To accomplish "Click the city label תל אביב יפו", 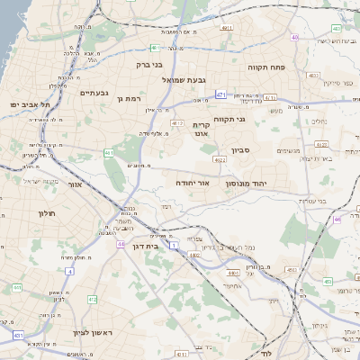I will click(x=26, y=105).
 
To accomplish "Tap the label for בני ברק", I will click(x=148, y=65).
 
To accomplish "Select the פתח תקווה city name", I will click(x=269, y=67).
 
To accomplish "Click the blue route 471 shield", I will click(x=221, y=93).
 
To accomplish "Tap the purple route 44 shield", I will click(x=121, y=243).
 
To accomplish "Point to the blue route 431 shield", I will click(x=18, y=335).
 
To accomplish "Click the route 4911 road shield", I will click(x=226, y=28).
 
